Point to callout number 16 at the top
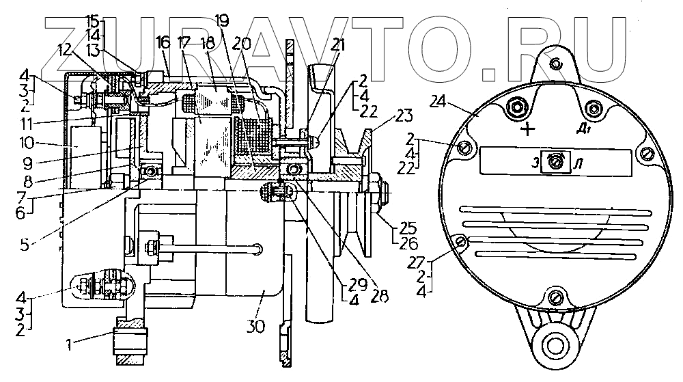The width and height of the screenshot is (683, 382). coord(162,42)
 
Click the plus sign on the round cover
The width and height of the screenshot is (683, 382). coord(527,131)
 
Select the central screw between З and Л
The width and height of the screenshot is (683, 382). coord(557,161)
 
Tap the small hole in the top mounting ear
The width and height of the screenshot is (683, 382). coord(557,64)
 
